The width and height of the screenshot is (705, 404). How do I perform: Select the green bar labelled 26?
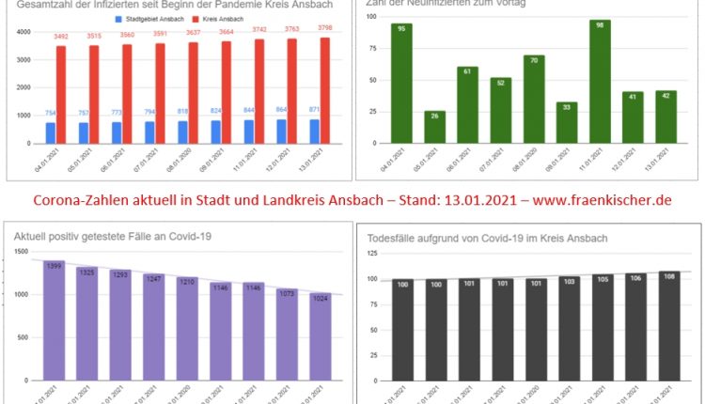[435, 127]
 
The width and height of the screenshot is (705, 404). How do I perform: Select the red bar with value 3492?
[61, 95]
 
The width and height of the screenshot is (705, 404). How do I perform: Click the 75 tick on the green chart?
[373, 53]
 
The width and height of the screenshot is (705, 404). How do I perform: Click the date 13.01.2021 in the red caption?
[466, 201]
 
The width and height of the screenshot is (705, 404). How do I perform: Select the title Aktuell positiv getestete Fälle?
[112, 235]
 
